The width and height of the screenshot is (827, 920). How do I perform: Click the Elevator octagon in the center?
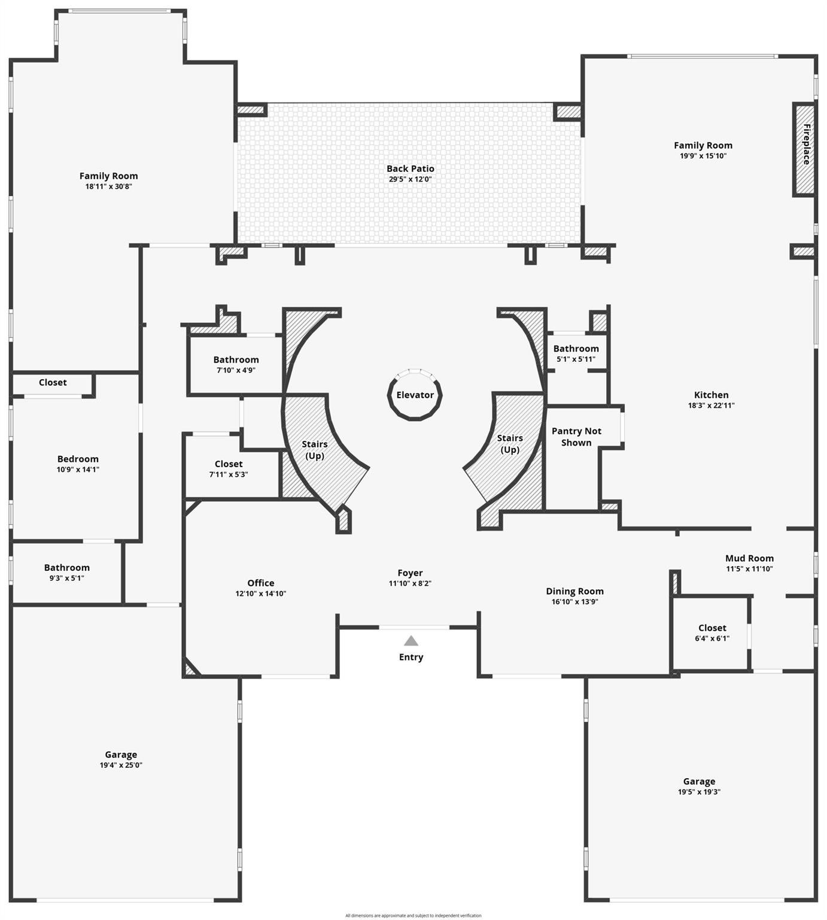415,395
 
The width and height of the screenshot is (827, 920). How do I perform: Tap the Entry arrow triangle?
411,641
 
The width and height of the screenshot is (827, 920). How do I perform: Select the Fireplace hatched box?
804,149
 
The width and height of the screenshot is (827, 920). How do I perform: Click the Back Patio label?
410,169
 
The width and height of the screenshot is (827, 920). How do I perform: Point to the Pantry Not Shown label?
576,437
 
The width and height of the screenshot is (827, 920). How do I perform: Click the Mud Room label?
749,558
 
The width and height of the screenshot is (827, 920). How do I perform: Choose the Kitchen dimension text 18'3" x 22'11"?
711,405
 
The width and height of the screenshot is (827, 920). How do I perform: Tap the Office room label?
261,583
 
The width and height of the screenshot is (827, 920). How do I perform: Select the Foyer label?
410,573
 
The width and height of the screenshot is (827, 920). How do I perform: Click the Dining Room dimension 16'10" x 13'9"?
574,602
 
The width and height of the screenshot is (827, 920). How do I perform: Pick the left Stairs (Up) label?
315,450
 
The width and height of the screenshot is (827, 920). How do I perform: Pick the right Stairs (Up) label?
510,444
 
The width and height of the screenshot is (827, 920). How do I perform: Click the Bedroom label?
78,459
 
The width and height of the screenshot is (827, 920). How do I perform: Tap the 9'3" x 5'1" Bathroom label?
66,568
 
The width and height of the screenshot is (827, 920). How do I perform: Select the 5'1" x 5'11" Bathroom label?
576,349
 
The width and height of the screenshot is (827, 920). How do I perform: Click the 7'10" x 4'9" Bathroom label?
236,360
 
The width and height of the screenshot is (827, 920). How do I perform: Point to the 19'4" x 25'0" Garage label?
121,755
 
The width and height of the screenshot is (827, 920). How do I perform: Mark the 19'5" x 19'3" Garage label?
699,781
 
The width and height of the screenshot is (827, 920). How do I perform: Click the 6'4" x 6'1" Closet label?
712,628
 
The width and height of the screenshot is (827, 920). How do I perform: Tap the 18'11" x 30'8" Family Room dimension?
108,186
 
